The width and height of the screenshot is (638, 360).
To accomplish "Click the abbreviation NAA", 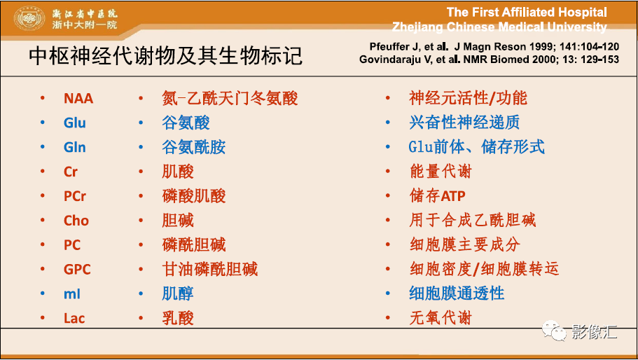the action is click(x=78, y=99).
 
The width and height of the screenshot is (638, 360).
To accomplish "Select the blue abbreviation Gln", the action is click(x=74, y=147).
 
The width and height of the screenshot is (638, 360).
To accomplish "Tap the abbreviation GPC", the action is click(x=77, y=269).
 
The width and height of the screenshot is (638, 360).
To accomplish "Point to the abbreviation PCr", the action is click(x=75, y=196).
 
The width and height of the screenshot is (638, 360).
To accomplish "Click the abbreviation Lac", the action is click(x=74, y=318).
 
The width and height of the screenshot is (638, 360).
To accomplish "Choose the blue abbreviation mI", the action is click(x=72, y=293).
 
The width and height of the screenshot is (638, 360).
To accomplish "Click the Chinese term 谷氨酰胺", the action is click(x=194, y=147).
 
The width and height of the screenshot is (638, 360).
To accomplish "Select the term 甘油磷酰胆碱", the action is click(x=210, y=269).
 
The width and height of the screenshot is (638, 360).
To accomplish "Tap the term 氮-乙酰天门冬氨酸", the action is click(x=230, y=99).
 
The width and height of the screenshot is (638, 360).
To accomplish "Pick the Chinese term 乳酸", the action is click(x=178, y=318).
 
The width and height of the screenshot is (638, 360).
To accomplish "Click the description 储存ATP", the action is click(x=438, y=196).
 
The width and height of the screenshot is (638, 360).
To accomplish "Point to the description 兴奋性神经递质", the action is click(x=464, y=123).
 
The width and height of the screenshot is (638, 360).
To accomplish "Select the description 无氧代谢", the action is click(x=441, y=318).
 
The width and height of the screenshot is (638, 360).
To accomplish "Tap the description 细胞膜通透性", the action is click(x=457, y=293).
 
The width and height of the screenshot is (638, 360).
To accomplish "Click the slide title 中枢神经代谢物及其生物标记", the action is click(x=165, y=56).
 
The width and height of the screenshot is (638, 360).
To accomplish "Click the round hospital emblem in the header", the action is click(x=29, y=19).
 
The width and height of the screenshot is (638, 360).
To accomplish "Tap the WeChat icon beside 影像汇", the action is click(x=553, y=331).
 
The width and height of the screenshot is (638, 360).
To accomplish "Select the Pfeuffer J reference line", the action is click(x=494, y=47).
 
